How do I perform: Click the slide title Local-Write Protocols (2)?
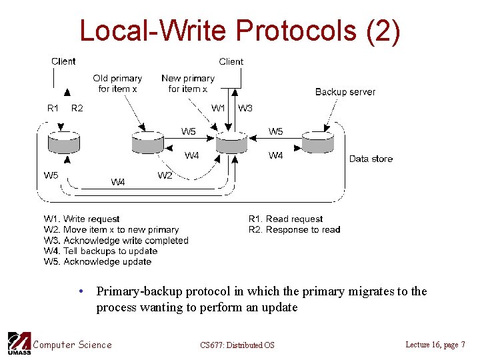[239, 31]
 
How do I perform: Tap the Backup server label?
[345, 92]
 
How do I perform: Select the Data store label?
[371, 159]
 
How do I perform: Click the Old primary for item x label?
[117, 83]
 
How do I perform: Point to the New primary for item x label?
[187, 83]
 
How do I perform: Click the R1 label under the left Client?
[53, 108]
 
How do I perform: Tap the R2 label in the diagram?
[77, 108]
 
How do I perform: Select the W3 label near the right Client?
[245, 108]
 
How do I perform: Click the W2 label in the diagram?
[165, 175]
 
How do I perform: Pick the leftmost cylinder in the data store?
[64, 142]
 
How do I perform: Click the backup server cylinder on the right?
[317, 142]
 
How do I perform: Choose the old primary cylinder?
[148, 142]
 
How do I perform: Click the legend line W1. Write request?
[82, 219]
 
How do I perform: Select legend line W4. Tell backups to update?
[101, 251]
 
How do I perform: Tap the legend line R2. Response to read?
[294, 230]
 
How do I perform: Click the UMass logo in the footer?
[19, 343]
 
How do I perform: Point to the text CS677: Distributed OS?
[237, 345]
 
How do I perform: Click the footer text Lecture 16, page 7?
[435, 344]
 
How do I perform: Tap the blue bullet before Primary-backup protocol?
[80, 292]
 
